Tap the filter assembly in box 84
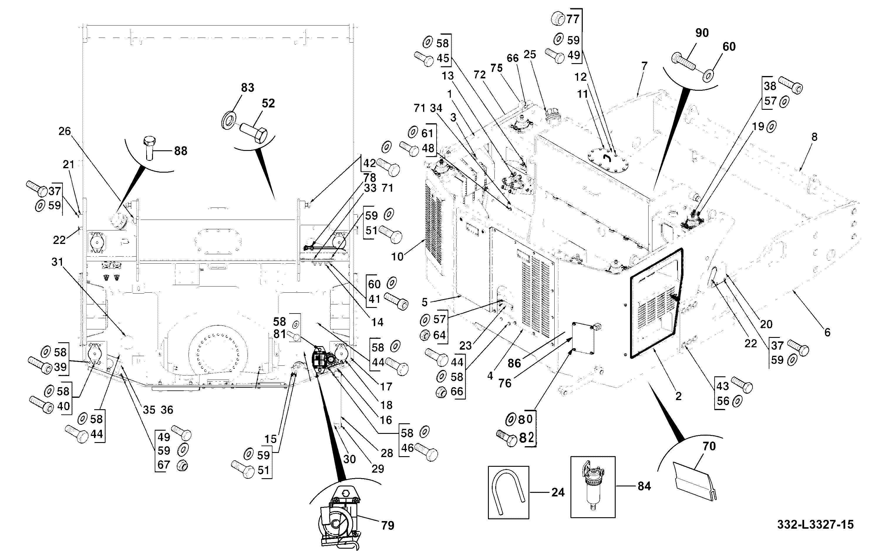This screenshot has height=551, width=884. point(592,486)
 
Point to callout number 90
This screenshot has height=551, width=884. point(702,33)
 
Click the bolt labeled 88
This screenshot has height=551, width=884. point(150,148)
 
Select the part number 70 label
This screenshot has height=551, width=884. point(709,446)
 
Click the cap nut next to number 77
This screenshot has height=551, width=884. point(557,18)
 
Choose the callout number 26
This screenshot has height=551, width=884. point(65,131)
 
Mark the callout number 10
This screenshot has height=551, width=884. point(397,257)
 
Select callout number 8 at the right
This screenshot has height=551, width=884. point(814,137)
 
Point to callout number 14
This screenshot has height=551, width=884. point(378,322)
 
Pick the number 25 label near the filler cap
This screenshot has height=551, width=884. point(530,55)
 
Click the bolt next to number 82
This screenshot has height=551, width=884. point(507,438)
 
